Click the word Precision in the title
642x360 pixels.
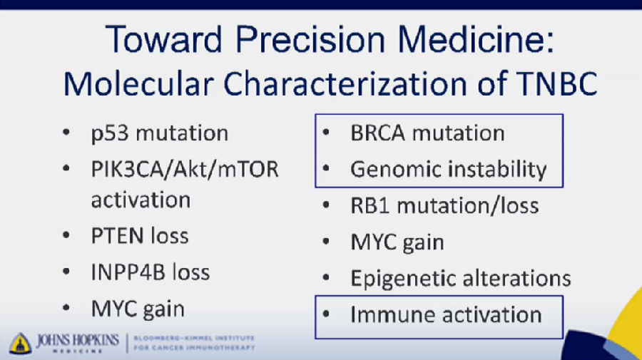pos(310,40)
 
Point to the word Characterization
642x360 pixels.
pos(345,83)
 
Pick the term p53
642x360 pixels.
pos(110,134)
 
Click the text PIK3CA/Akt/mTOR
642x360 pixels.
pos(185,170)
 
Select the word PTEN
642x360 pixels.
pos(117,236)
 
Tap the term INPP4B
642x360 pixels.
pos(128,272)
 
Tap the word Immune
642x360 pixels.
pos(392,315)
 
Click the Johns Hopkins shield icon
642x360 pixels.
pos(21,343)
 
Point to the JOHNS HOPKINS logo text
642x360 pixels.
pos(78,341)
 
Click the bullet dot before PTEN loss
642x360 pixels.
pos(66,235)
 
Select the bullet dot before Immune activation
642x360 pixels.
pos(326,314)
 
